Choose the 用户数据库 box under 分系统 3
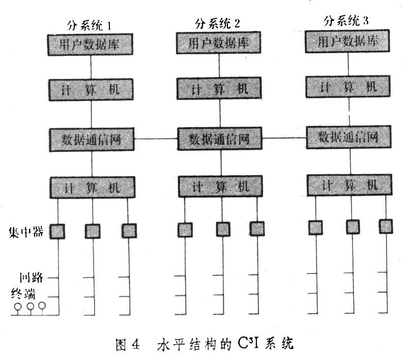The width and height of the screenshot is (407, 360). click(x=348, y=42)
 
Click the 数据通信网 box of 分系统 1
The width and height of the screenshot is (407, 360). click(x=92, y=138)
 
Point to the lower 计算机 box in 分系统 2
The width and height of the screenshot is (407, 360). click(x=220, y=187)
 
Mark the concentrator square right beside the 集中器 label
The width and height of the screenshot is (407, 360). click(x=57, y=231)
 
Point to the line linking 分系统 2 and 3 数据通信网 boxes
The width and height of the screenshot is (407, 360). click(x=284, y=137)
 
